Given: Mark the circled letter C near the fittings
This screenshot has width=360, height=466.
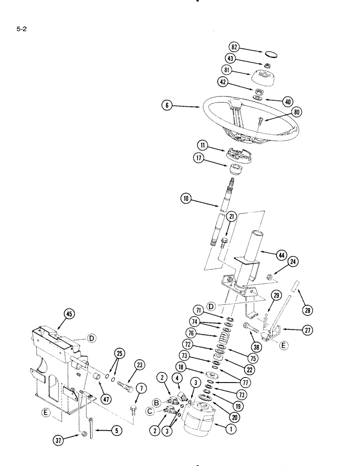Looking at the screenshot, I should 151,410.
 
